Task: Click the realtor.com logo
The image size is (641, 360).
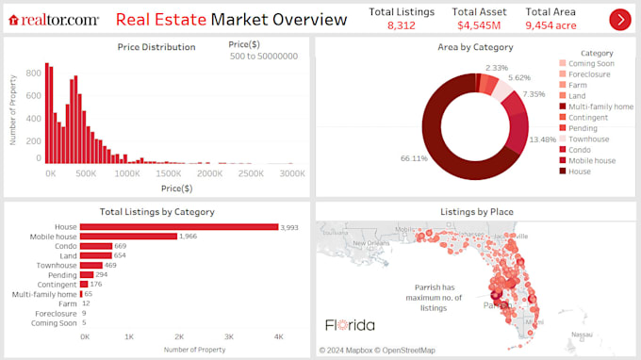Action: click(x=54, y=19)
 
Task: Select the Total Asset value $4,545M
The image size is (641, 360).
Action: click(x=479, y=25)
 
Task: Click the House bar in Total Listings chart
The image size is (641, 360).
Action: click(x=179, y=226)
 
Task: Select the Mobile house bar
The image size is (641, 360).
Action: click(x=128, y=237)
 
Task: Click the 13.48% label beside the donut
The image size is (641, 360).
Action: click(x=543, y=139)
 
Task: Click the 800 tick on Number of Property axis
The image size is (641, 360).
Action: click(x=31, y=70)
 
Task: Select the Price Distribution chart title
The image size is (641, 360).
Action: click(x=156, y=46)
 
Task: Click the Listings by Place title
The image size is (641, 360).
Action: click(x=476, y=212)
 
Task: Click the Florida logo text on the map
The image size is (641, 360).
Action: click(x=350, y=325)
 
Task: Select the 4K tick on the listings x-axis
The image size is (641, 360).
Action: click(x=277, y=336)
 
